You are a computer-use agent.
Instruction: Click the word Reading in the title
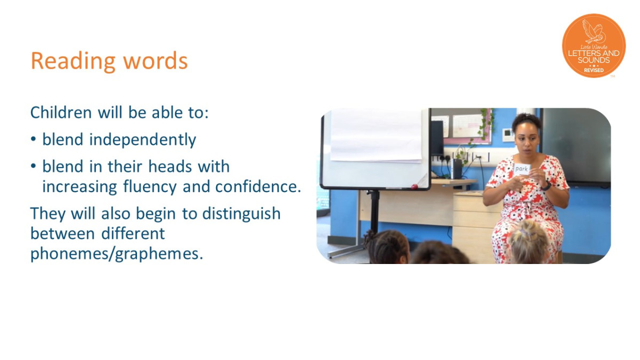(73, 61)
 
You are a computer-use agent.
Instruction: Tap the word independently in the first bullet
(142, 140)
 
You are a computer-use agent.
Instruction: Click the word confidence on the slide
(258, 187)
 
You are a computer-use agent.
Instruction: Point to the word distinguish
(242, 214)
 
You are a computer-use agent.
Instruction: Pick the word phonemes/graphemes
(117, 254)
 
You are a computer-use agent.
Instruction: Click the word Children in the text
(61, 113)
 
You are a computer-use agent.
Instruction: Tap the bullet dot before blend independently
(34, 140)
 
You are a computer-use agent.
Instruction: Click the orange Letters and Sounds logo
(594, 46)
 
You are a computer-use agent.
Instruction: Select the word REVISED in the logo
(594, 70)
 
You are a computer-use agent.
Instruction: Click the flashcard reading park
(522, 170)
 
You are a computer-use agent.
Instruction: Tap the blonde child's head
(529, 242)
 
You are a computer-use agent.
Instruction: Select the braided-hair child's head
(387, 247)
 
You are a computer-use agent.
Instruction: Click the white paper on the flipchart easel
(375, 135)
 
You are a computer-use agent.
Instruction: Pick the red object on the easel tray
(414, 187)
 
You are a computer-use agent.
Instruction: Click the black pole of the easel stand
(374, 210)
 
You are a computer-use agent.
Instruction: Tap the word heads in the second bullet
(170, 166)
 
